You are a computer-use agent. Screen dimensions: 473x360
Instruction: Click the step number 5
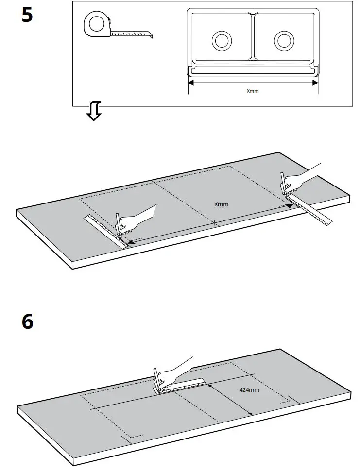point(27,15)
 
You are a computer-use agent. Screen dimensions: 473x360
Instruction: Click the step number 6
point(28,321)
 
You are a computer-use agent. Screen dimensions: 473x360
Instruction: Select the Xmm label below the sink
point(253,91)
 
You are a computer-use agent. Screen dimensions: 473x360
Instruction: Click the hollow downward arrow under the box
point(93,112)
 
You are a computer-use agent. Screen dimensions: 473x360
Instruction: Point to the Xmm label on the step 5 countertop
point(221,204)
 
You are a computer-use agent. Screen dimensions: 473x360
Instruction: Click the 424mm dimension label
point(249,389)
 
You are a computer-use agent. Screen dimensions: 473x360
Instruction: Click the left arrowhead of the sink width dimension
point(190,83)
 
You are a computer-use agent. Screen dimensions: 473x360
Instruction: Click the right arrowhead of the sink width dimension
point(315,83)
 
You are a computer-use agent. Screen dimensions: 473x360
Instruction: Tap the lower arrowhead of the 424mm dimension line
point(250,413)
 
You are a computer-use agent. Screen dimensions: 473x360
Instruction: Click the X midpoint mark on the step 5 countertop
point(213,223)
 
